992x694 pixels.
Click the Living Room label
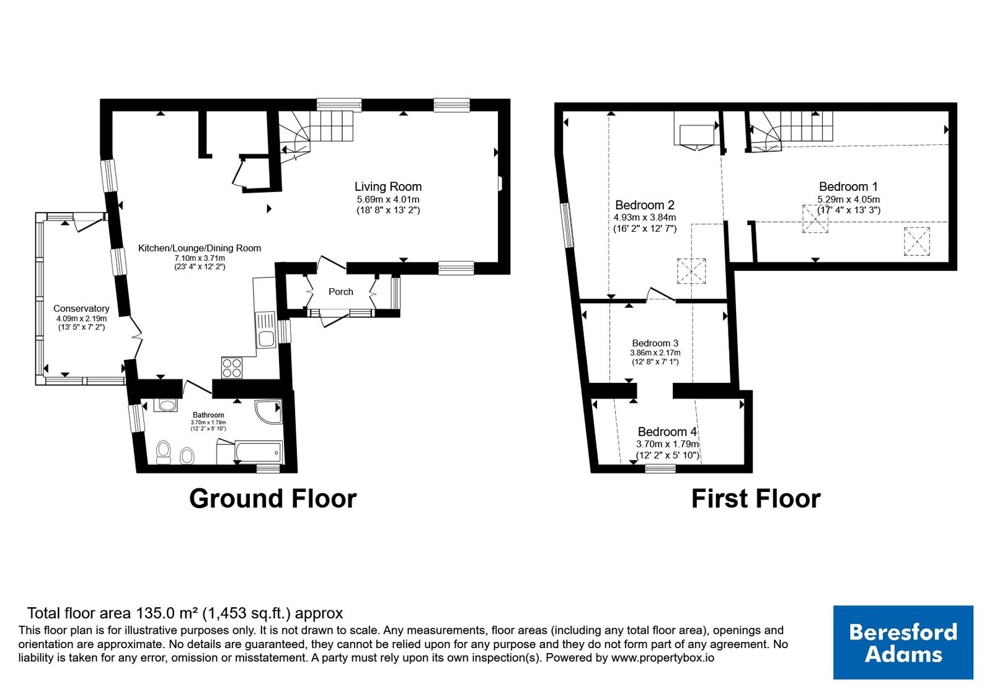pos(388,187)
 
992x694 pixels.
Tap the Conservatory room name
pos(81,309)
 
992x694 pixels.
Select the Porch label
pos(340,292)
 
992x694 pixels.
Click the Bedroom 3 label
pos(655,343)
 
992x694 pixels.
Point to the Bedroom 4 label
pos(667,431)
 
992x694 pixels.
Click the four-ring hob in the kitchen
pos(232,368)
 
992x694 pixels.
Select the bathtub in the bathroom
pos(259,452)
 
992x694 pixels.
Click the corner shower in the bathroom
pos(269,412)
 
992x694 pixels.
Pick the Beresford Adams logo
pos(903,642)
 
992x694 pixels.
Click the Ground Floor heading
pos(273,499)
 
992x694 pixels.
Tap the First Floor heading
pos(756,499)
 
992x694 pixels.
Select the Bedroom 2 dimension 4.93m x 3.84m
pos(645,217)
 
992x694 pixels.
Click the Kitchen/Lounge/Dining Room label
pos(200,248)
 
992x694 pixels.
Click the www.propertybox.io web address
pos(663,657)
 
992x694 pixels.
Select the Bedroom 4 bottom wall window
pos(660,468)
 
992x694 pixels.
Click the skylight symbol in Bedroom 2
pos(691,271)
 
